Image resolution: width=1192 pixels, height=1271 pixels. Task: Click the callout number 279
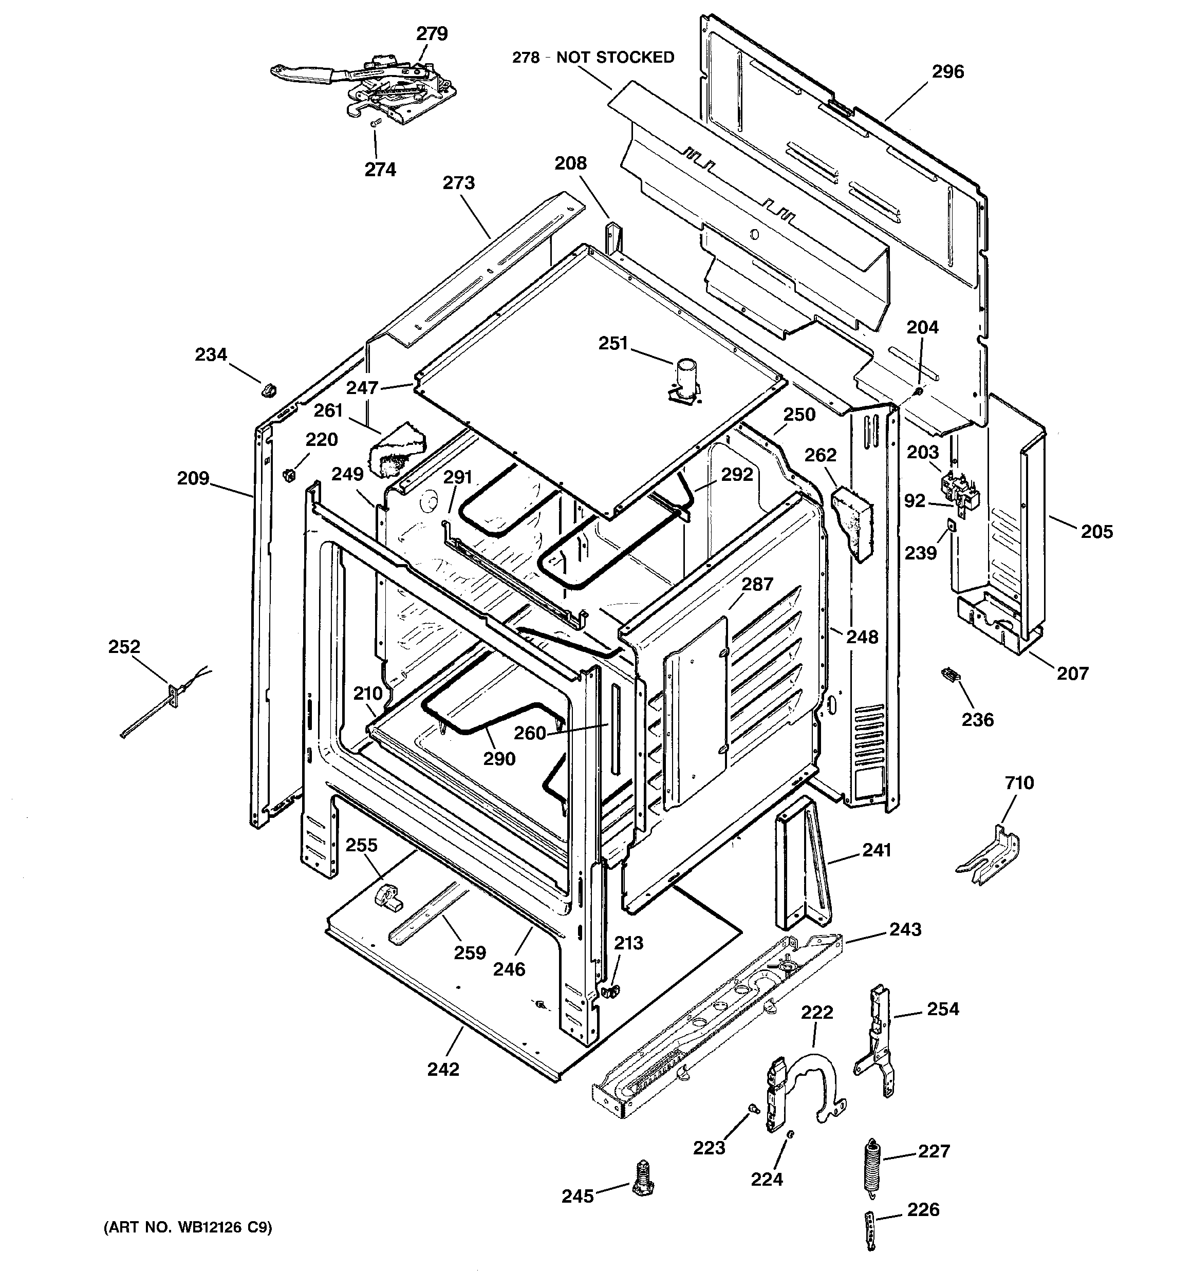pos(432,34)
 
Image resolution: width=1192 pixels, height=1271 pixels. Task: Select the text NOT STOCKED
pos(615,58)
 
